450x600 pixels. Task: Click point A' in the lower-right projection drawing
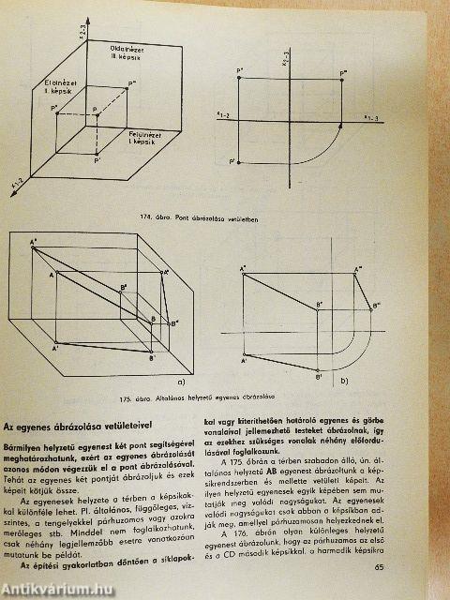click(x=243, y=358)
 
